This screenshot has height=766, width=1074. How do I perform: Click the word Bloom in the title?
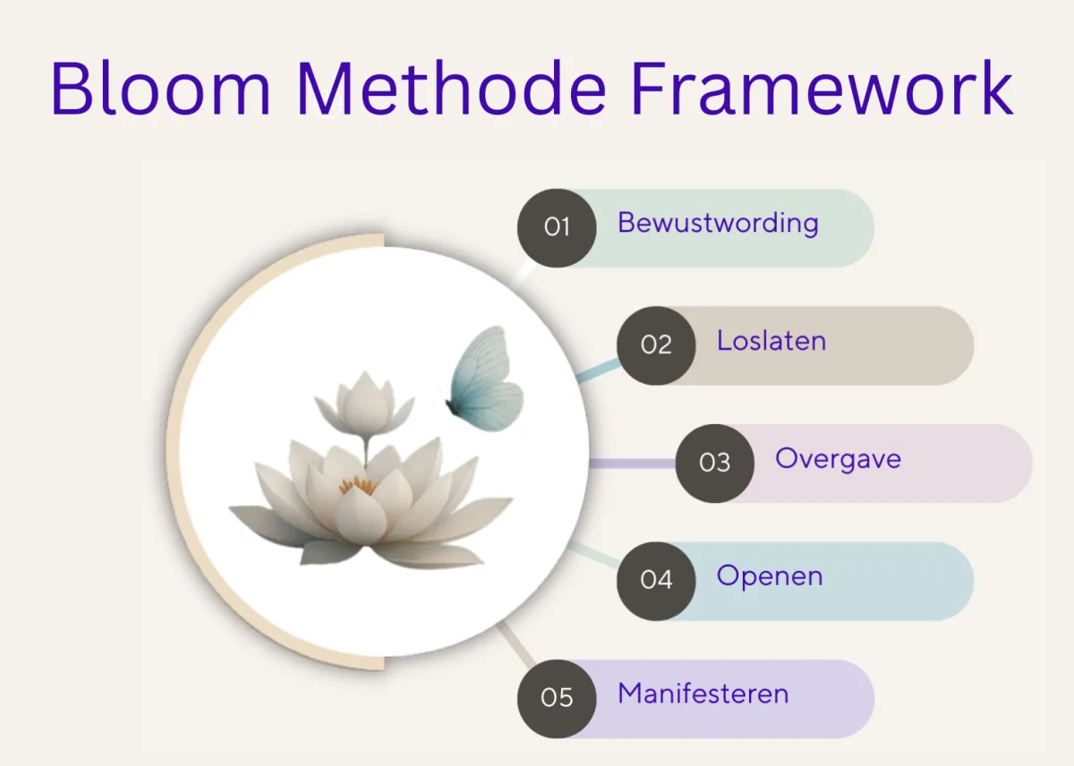(161, 88)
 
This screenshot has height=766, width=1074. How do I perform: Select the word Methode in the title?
(452, 88)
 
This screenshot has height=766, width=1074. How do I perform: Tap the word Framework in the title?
(822, 88)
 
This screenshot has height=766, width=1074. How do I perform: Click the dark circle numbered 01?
(557, 227)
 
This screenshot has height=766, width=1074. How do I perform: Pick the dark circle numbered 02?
(656, 345)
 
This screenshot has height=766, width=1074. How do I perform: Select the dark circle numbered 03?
(714, 463)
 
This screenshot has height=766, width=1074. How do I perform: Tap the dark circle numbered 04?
(656, 581)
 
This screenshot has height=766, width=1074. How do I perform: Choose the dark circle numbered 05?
(557, 698)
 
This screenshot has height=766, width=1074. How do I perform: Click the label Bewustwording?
(718, 224)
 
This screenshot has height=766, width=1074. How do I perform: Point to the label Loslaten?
(771, 341)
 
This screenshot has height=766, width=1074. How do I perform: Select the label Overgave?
(838, 460)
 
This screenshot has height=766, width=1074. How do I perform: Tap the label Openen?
(770, 576)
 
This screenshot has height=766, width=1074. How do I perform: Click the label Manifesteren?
(703, 694)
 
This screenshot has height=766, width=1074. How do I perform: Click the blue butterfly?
(484, 379)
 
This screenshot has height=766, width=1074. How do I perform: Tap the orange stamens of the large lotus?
(358, 485)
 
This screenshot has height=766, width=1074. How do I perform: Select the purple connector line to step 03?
(632, 464)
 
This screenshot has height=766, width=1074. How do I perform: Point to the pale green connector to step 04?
(593, 555)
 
